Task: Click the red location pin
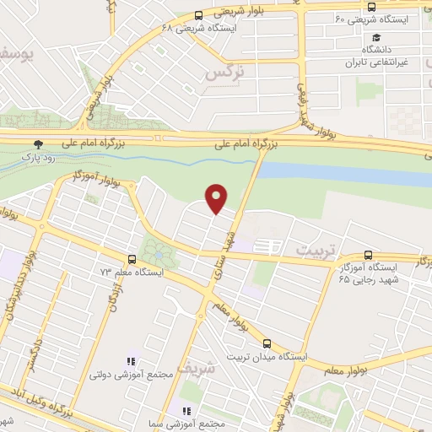pyautogui.click(x=218, y=197)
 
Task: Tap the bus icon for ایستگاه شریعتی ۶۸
pyautogui.click(x=198, y=15)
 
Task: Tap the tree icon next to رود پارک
pyautogui.click(x=37, y=144)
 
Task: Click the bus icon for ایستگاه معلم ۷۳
pyautogui.click(x=131, y=259)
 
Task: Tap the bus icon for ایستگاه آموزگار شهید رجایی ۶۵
pyautogui.click(x=368, y=255)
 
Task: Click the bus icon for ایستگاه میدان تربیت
pyautogui.click(x=267, y=343)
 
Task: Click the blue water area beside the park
pyautogui.click(x=337, y=173)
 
